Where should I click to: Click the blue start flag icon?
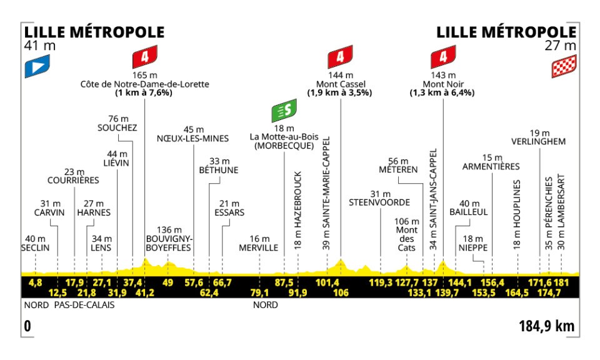pyautogui.click(x=36, y=66)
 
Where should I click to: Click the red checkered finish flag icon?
pyautogui.click(x=563, y=66)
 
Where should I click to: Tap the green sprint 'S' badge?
pyautogui.click(x=284, y=111)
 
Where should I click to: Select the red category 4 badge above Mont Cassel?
pyautogui.click(x=340, y=58)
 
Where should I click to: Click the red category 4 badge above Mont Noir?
pyautogui.click(x=442, y=58)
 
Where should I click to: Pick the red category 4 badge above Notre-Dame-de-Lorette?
pyautogui.click(x=144, y=58)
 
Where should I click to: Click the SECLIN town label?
pyautogui.click(x=35, y=247)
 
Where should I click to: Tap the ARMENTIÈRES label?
pyautogui.click(x=492, y=166)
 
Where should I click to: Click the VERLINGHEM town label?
pyautogui.click(x=538, y=141)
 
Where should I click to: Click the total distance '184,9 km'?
pyautogui.click(x=546, y=326)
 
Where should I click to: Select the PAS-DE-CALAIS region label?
pyautogui.click(x=84, y=306)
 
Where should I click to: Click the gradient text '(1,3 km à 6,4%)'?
pyautogui.click(x=442, y=93)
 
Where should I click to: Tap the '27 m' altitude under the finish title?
pyautogui.click(x=561, y=46)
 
